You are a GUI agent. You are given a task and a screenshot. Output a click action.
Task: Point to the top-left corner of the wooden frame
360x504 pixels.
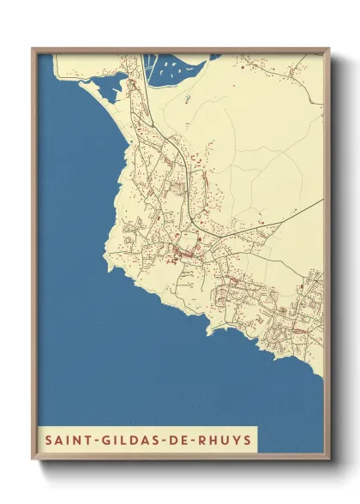[x=33, y=49]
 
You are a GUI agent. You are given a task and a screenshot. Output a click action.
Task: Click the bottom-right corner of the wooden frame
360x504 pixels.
[x=328, y=456]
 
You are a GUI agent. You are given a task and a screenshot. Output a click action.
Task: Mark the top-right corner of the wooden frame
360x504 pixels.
[x=328, y=49]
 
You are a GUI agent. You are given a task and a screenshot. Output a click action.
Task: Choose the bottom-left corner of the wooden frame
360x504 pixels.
[x=33, y=456]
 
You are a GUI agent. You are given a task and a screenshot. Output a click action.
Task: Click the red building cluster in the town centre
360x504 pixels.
[x=183, y=252]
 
